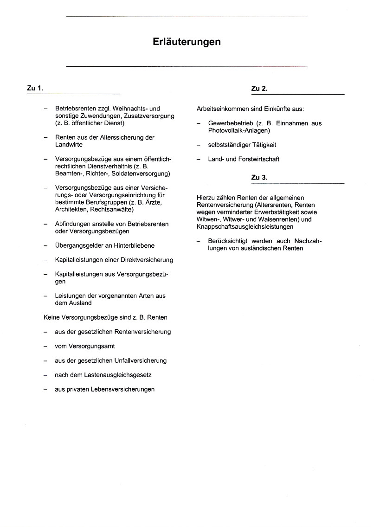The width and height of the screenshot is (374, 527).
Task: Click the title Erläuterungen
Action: coord(187,42)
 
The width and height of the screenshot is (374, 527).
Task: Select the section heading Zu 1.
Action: coord(35,88)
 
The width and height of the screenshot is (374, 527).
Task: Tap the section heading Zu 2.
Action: coord(259,88)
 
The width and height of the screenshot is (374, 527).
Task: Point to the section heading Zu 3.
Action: coord(259,177)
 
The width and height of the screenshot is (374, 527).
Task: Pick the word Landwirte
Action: coord(69,145)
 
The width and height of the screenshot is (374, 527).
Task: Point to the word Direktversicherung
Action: coord(144,260)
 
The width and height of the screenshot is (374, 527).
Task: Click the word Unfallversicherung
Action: coord(140,360)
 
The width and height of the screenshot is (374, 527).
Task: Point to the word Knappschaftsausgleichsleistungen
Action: coord(245,227)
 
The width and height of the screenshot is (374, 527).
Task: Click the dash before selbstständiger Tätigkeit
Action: coord(199,145)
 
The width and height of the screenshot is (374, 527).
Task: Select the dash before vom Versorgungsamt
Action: coord(45,346)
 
